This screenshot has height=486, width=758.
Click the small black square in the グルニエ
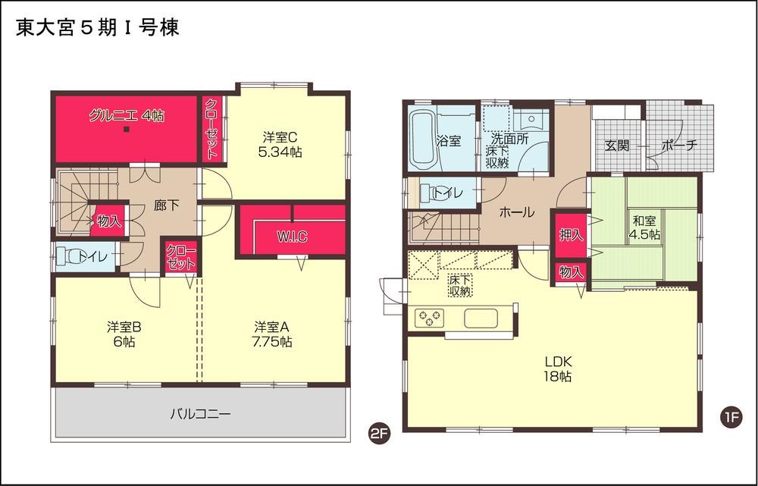tap(127, 129)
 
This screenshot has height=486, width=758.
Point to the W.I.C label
tap(292, 237)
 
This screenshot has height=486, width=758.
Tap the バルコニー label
tap(199, 414)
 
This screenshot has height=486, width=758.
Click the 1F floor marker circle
tap(731, 416)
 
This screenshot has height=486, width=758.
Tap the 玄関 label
tap(617, 146)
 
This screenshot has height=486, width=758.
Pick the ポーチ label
tap(678, 146)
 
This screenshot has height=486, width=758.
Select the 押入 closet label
tap(571, 235)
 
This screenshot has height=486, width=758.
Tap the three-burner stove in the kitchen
tap(429, 318)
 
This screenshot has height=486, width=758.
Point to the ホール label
tap(516, 213)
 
